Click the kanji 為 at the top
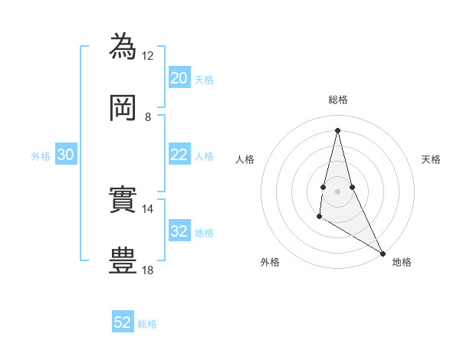pos(123,47)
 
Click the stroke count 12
pos(148,55)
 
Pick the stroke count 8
pos(148,116)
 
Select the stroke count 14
pos(148,208)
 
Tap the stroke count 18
pos(148,270)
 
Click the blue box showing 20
pos(179,78)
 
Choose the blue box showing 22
pos(179,155)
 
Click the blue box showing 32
pos(179,231)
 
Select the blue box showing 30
pos(65,155)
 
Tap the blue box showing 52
pos(123,322)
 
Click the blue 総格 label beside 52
pos(147,324)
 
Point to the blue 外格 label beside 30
pos(41,156)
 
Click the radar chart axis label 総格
pos(338,100)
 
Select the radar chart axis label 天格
pos(431,159)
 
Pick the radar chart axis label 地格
pos(402,262)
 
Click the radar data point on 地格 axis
pos(383,253)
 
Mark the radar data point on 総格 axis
pos(337,129)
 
